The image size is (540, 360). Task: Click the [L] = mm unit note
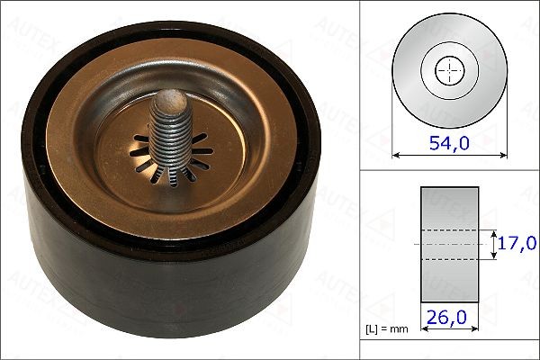pos(388,328)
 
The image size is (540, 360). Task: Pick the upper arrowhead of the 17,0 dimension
pos(494,231)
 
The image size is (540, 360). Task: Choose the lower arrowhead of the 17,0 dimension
pos(494,256)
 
